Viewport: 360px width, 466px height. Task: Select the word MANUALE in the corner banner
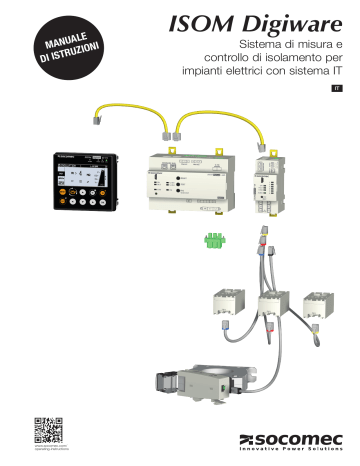tap(64, 37)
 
